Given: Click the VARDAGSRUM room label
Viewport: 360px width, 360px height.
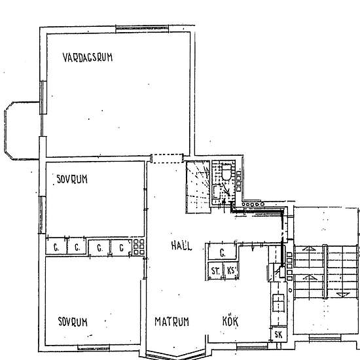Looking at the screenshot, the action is tap(88, 58).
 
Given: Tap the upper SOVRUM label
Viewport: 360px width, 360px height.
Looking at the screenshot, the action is tap(72, 179).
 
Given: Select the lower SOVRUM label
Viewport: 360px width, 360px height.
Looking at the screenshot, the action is tap(73, 321).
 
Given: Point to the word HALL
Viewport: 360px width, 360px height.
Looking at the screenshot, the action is tap(181, 245).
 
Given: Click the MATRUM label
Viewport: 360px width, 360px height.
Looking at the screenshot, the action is tap(171, 321).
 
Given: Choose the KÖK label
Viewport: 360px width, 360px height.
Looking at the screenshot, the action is tap(230, 321).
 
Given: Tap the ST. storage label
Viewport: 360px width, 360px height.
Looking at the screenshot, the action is tap(215, 271).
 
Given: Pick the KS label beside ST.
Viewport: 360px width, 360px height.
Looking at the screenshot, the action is tap(232, 270).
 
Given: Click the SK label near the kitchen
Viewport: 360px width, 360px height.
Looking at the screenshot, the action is tap(278, 334).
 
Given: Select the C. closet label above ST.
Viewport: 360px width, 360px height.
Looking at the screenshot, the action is tap(223, 253).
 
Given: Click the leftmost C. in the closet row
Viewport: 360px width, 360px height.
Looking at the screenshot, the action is tap(56, 247).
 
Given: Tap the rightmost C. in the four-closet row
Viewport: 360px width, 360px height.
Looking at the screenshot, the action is tap(122, 247).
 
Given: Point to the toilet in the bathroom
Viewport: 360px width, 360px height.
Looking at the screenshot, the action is tap(226, 171).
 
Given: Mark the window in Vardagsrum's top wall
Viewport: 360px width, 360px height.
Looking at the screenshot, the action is tap(142, 29).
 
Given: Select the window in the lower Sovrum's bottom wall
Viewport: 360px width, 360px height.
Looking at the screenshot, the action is tap(94, 348).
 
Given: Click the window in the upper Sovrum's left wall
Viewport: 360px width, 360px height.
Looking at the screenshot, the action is tap(41, 215).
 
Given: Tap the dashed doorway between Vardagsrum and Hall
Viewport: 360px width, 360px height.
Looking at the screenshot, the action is tap(167, 158).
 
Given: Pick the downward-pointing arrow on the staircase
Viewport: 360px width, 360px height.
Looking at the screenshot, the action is tap(343, 294).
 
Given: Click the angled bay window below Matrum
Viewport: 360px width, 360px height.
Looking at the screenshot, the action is tap(175, 355).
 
